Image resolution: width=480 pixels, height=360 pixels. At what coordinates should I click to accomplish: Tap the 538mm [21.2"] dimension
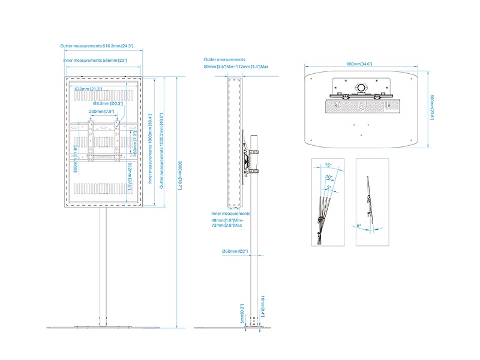click(x=88, y=89)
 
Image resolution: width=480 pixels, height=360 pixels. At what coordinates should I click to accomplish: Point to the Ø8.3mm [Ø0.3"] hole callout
click(x=108, y=103)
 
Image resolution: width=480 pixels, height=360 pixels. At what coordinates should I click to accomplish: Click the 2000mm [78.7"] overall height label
click(x=180, y=175)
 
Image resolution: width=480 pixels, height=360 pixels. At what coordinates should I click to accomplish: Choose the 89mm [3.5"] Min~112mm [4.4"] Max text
click(x=236, y=67)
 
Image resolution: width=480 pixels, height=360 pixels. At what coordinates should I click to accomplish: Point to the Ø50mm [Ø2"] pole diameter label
click(x=235, y=251)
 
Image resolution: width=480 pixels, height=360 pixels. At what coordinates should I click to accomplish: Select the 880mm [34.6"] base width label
click(x=359, y=64)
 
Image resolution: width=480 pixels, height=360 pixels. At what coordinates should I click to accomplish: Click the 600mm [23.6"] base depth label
click(x=432, y=107)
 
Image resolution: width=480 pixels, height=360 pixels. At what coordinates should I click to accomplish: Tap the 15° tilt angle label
click(x=328, y=165)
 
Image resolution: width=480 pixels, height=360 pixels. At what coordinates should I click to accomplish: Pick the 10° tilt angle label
click(x=329, y=177)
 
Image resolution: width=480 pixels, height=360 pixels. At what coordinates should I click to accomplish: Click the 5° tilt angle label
click(x=329, y=187)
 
